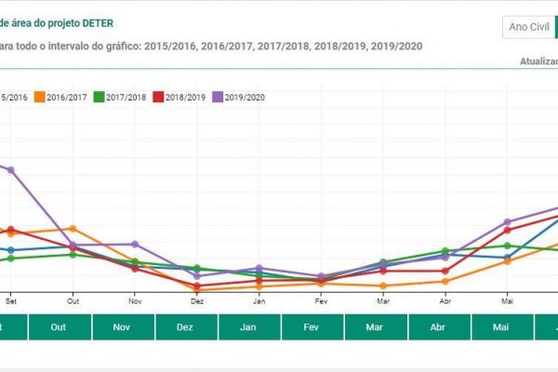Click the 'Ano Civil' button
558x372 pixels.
point(527,27)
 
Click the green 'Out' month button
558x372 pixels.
point(58,327)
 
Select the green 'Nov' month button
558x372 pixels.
point(121,327)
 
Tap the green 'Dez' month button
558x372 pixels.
point(185,327)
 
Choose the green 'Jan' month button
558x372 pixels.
point(248,327)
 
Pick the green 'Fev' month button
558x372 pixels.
point(312,327)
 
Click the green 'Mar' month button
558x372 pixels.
point(375,327)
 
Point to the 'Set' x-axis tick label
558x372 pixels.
point(11,301)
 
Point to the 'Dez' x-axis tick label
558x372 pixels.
point(197,301)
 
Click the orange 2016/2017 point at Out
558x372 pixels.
point(73,228)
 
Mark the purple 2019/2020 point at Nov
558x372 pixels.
point(135,245)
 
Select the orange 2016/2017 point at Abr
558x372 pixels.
point(445,281)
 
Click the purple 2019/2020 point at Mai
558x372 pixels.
point(508,222)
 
